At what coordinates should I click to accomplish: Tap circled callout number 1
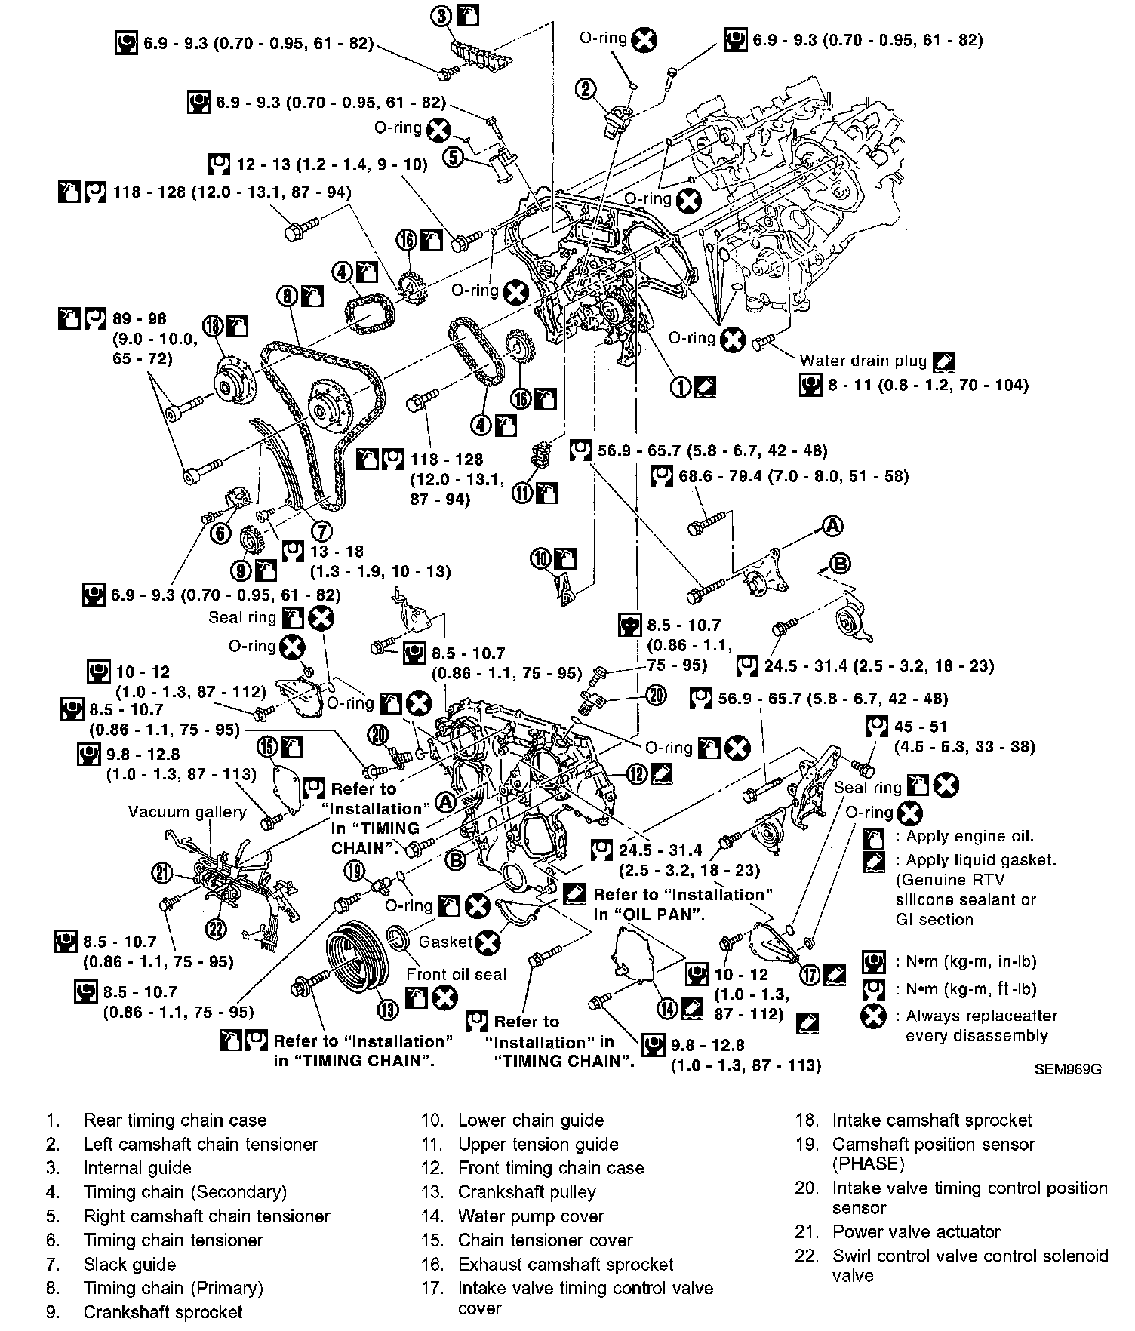pyautogui.click(x=681, y=387)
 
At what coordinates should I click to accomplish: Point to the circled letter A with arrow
pyautogui.click(x=832, y=526)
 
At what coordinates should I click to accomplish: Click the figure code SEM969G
pyautogui.click(x=1069, y=1069)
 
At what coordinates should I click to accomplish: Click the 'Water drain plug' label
pyautogui.click(x=863, y=361)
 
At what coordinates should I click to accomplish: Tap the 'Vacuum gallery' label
pyautogui.click(x=187, y=812)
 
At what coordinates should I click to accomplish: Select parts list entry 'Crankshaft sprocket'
pyautogui.click(x=162, y=1312)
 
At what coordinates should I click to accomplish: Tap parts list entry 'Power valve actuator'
pyautogui.click(x=915, y=1232)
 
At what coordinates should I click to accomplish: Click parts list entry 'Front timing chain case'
pyautogui.click(x=551, y=1168)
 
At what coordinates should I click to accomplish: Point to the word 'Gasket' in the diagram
pyautogui.click(x=444, y=942)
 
